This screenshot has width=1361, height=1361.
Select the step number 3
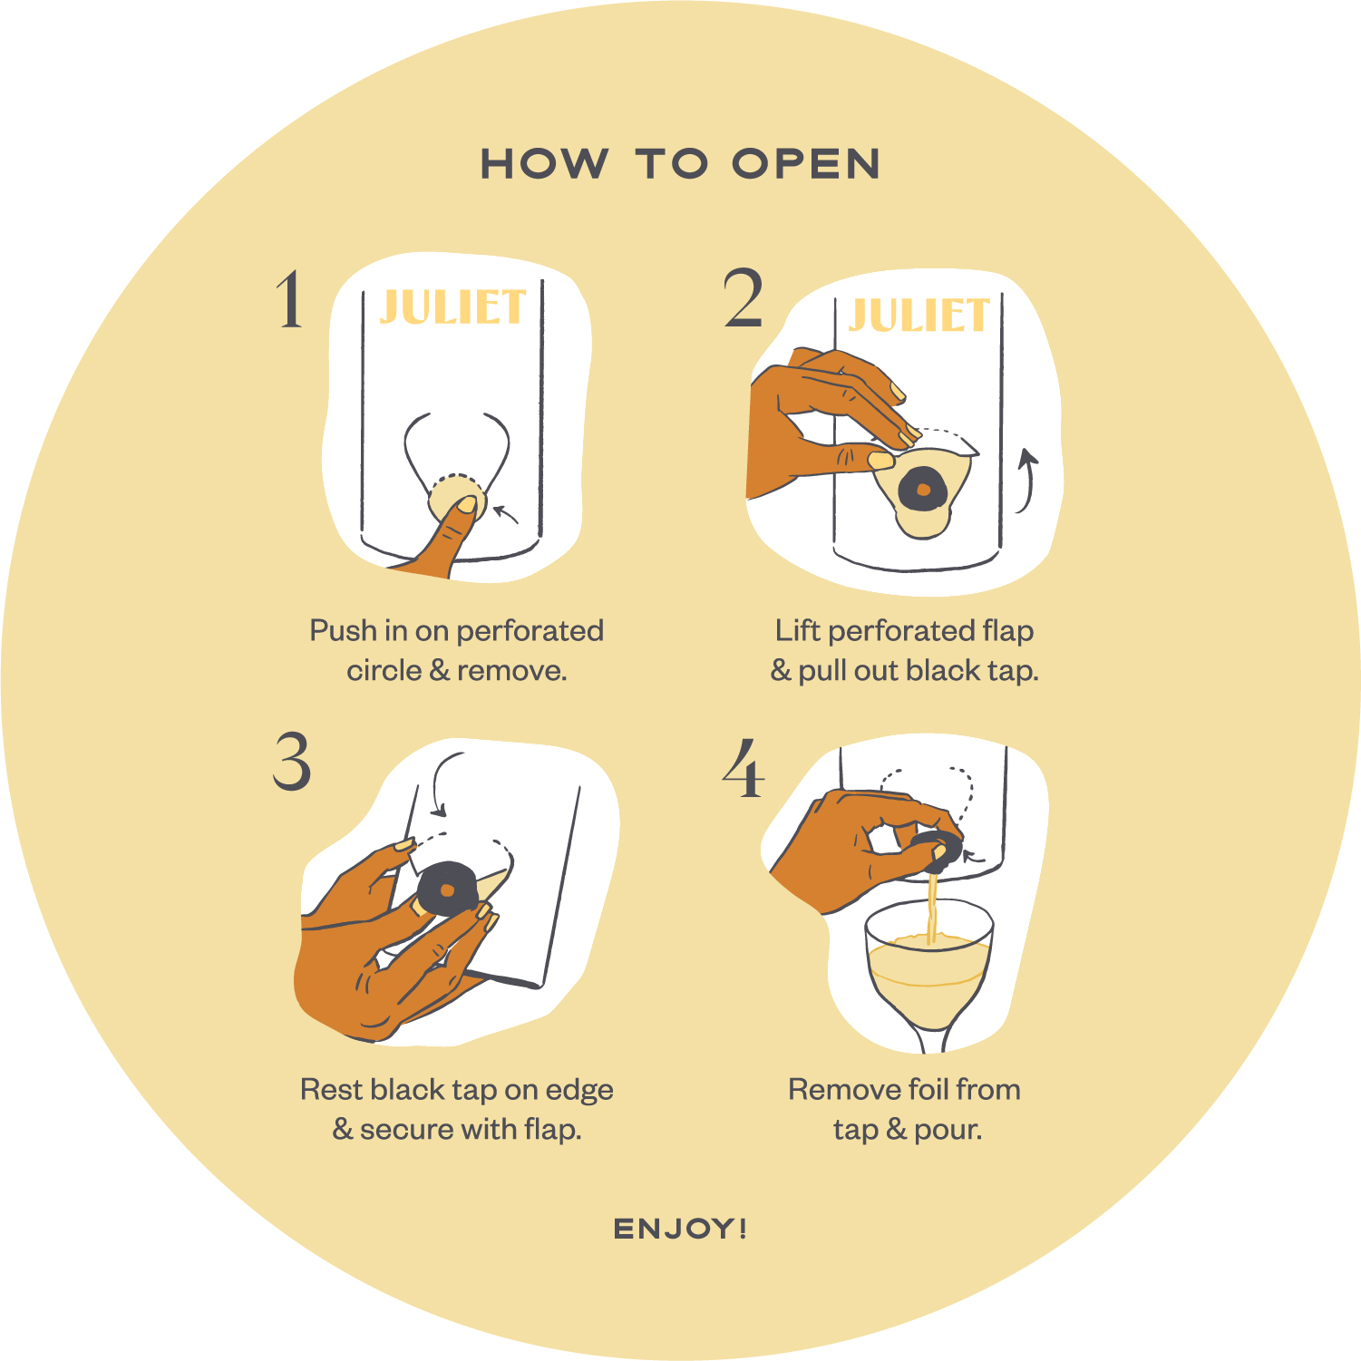(x=292, y=762)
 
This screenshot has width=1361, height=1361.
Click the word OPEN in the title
(x=806, y=164)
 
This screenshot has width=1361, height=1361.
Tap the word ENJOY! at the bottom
(x=680, y=1229)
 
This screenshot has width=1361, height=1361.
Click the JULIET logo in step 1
(x=452, y=306)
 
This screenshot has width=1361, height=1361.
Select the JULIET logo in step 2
(x=918, y=316)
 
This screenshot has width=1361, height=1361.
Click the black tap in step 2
(x=923, y=490)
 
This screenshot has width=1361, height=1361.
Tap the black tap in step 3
(x=446, y=889)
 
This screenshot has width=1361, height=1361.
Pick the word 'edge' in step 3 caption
(x=579, y=1091)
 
